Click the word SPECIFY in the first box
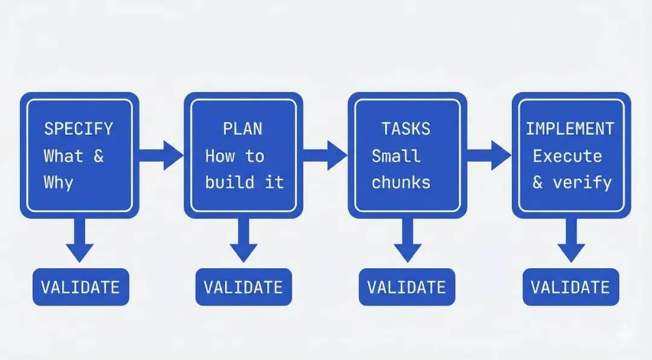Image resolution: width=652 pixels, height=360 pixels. [78, 129]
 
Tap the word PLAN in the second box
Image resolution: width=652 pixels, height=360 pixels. [243, 129]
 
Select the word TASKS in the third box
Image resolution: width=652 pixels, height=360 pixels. [406, 129]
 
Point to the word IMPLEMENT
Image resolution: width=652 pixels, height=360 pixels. [570, 129]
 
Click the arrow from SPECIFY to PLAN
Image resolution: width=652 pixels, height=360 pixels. [161, 155]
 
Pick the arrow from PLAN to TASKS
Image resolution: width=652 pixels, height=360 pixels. [325, 155]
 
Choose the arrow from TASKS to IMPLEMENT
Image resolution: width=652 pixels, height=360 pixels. [489, 155]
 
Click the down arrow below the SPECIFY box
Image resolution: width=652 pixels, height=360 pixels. [80, 240]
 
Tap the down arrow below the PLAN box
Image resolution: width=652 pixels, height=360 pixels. [244, 240]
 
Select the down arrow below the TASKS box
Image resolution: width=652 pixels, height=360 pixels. [407, 240]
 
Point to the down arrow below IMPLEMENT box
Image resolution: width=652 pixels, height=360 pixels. [571, 240]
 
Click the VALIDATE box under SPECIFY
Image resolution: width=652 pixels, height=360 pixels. [81, 287]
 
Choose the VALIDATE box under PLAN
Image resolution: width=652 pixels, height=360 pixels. [244, 287]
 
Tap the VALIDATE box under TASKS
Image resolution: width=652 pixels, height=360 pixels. [407, 287]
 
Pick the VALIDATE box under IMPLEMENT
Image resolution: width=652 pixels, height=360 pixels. [571, 287]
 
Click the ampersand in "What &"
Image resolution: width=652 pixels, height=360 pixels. [98, 156]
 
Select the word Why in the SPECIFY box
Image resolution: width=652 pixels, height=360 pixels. [59, 182]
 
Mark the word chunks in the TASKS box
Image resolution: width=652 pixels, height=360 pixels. [401, 182]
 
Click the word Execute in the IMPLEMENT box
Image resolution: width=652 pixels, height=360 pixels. [567, 156]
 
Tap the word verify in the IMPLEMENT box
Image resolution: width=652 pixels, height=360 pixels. [582, 182]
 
